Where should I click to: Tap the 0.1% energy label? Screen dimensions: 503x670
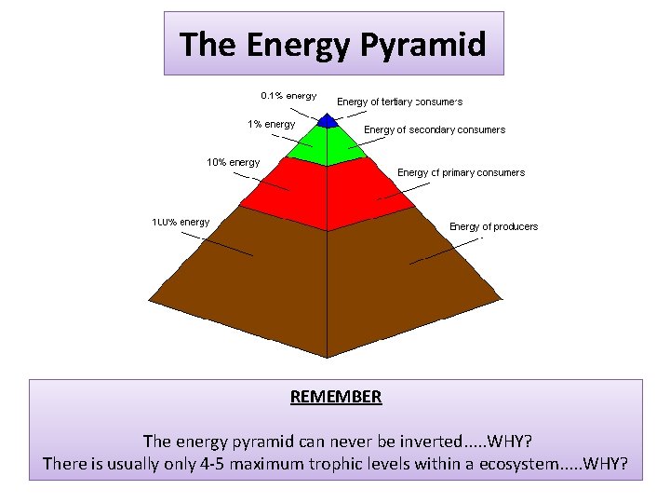pyautogui.click(x=288, y=95)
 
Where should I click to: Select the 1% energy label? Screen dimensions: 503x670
pyautogui.click(x=271, y=124)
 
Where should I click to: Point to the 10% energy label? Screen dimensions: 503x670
pyautogui.click(x=233, y=162)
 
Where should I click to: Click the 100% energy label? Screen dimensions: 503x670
pyautogui.click(x=181, y=222)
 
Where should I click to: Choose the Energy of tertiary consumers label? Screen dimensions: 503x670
pyautogui.click(x=399, y=102)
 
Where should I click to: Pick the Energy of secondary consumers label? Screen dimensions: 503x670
pyautogui.click(x=435, y=130)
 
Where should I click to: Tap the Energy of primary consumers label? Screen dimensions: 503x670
pyautogui.click(x=461, y=172)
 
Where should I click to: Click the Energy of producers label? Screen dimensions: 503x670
pyautogui.click(x=493, y=226)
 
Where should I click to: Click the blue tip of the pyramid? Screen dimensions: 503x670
pyautogui.click(x=327, y=120)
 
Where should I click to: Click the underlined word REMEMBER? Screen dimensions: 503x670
pyautogui.click(x=336, y=397)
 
